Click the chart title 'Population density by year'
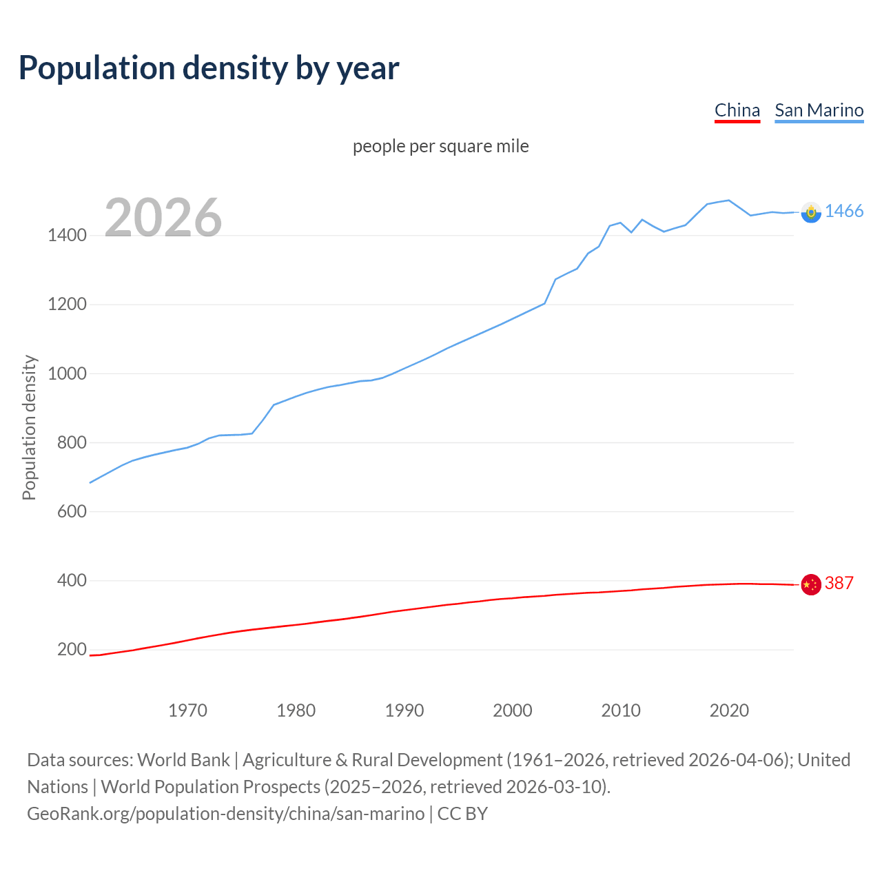click(x=209, y=68)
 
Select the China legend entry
click(x=737, y=110)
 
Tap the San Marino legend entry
click(x=819, y=110)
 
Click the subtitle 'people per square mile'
click(x=441, y=146)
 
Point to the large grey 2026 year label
click(x=163, y=218)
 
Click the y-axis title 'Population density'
click(x=29, y=427)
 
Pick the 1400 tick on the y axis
click(x=67, y=236)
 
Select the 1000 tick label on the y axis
click(x=67, y=373)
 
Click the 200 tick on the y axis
click(x=72, y=649)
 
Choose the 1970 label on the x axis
click(x=187, y=710)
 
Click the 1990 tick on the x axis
click(x=404, y=710)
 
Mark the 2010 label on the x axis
click(x=621, y=710)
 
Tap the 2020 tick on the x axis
click(x=729, y=710)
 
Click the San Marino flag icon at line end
click(x=811, y=212)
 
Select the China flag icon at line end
click(x=811, y=584)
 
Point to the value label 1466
click(x=844, y=212)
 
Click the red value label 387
click(x=839, y=584)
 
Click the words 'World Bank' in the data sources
click(x=183, y=760)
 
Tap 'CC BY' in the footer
click(x=462, y=814)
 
